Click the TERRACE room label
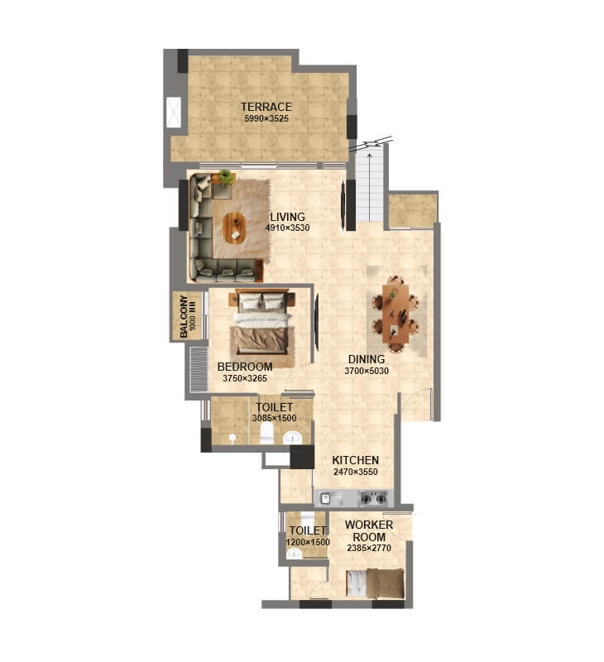[x=266, y=107]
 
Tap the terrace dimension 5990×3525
[x=266, y=119]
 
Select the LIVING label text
[x=287, y=217]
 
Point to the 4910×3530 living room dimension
[x=287, y=228]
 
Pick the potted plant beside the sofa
[x=226, y=177]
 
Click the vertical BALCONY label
[x=184, y=316]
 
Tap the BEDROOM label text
[x=244, y=367]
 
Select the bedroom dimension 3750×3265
[x=244, y=378]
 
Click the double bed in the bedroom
[x=261, y=329]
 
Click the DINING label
[x=366, y=359]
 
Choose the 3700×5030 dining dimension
[x=366, y=372]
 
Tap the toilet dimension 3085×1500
[x=273, y=419]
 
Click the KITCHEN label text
[x=355, y=460]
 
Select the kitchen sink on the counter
[x=326, y=498]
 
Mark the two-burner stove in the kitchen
[x=375, y=498]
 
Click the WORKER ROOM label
[x=368, y=530]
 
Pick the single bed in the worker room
[x=376, y=583]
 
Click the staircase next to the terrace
[x=370, y=186]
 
